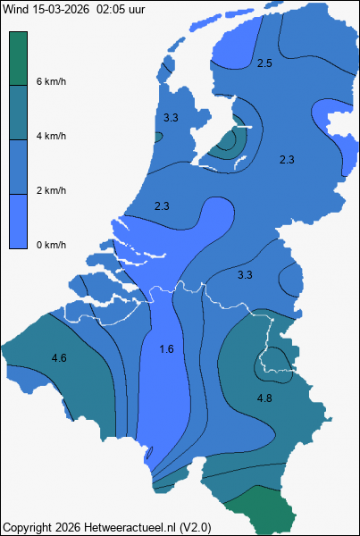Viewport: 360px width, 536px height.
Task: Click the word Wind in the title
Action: click(x=15, y=9)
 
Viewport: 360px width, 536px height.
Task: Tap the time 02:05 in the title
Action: click(x=110, y=9)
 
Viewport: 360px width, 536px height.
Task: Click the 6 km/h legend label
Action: click(x=51, y=81)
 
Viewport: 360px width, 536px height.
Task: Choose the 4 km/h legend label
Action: click(x=51, y=136)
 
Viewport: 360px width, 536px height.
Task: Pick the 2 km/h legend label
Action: click(x=51, y=190)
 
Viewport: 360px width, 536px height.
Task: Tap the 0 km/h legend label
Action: click(x=51, y=245)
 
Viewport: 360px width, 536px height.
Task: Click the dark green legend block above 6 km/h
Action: click(x=18, y=58)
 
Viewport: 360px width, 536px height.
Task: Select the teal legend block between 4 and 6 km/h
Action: click(x=18, y=113)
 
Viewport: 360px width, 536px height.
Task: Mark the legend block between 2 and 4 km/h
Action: click(x=18, y=167)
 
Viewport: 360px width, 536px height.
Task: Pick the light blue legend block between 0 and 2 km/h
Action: click(x=18, y=222)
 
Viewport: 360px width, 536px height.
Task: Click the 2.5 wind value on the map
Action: click(x=264, y=63)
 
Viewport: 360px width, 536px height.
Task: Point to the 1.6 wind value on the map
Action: click(x=166, y=349)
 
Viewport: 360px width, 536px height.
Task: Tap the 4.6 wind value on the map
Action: click(x=59, y=358)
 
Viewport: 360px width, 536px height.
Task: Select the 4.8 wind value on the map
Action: click(x=264, y=398)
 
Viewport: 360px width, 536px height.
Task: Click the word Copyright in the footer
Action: click(x=27, y=527)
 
